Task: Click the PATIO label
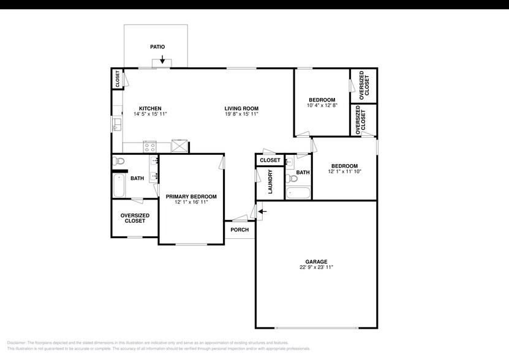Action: (157, 47)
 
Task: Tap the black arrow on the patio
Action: (162, 59)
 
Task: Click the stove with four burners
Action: (150, 146)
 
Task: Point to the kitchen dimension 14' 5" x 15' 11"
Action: (150, 114)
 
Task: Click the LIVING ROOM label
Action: (241, 108)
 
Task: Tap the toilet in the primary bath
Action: (119, 162)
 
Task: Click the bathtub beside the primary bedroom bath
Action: (119, 186)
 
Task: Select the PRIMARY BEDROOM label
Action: (191, 197)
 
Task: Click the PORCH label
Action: (239, 230)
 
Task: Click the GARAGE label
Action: (317, 261)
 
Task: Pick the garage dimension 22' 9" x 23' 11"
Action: (317, 268)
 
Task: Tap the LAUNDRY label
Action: (270, 182)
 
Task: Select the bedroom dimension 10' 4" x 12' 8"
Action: (322, 105)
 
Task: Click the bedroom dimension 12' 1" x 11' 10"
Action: (344, 171)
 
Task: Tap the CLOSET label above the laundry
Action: (270, 160)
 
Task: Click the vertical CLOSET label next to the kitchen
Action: (117, 80)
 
